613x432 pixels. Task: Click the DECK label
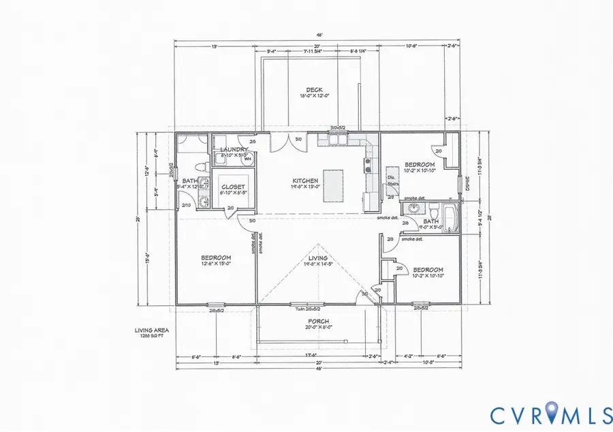(313, 89)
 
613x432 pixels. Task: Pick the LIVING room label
(317, 259)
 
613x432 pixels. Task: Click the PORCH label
(318, 322)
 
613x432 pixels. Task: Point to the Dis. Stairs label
(392, 179)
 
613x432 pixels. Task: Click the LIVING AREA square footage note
(152, 333)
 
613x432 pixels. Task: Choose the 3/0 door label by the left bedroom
(252, 221)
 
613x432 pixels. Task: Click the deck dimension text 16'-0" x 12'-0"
(313, 96)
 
